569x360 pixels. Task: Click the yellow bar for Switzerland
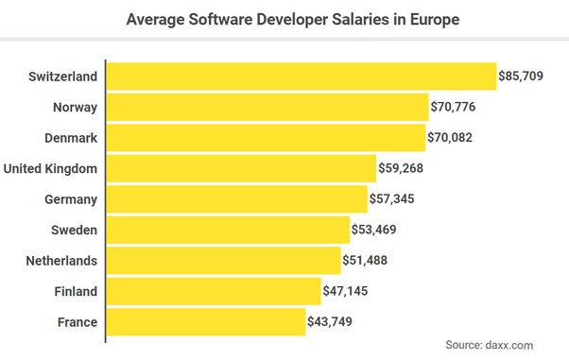[302, 77]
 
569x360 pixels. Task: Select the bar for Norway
[267, 107]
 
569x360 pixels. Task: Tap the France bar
[206, 322]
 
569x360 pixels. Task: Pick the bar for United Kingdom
[241, 168]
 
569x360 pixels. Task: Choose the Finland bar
[214, 291]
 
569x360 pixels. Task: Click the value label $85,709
[521, 77]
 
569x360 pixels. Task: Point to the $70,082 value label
[450, 138]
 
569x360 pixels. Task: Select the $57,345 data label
[392, 198]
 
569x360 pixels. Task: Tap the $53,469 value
[373, 230]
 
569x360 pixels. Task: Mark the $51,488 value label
[365, 260]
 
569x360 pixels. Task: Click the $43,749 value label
[330, 321]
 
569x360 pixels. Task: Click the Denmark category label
[71, 138]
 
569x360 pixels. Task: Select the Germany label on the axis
[71, 199]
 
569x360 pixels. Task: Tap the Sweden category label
[74, 231]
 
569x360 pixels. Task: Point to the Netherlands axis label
[61, 261]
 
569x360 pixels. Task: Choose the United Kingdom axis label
[50, 169]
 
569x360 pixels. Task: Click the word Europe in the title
[435, 20]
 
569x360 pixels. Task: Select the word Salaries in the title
[360, 19]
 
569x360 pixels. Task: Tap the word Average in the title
[155, 20]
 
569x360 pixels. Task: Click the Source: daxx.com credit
[490, 345]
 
